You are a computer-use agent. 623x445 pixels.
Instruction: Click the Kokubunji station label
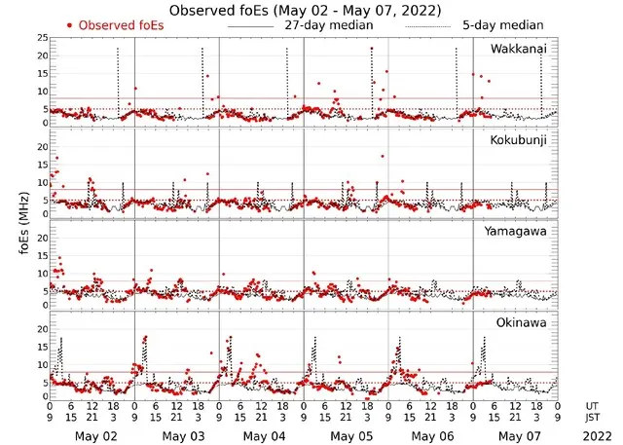pos(519,141)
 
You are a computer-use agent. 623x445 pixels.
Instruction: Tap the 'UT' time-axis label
pos(593,404)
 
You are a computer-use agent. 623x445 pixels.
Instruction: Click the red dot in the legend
pos(69,23)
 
